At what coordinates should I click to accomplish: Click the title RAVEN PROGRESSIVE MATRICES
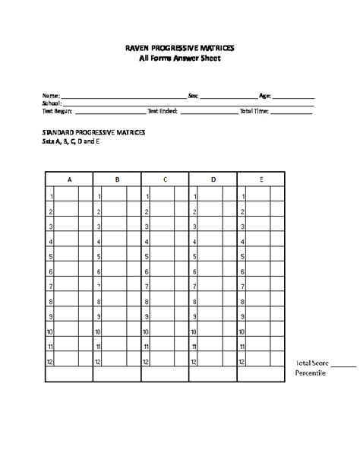(x=180, y=47)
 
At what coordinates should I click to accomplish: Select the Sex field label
(x=193, y=96)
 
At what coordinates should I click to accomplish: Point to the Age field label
(x=265, y=96)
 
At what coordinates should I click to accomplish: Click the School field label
(x=51, y=103)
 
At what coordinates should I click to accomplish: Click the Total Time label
(x=254, y=110)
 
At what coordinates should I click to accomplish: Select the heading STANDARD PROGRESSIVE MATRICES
(x=93, y=132)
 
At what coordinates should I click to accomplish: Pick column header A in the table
(x=70, y=180)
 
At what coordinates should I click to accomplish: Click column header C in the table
(x=166, y=180)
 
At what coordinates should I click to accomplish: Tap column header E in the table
(x=261, y=180)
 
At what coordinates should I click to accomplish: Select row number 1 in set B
(x=99, y=197)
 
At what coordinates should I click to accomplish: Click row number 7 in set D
(x=194, y=287)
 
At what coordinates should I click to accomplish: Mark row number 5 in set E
(x=242, y=257)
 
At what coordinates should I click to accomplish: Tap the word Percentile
(x=311, y=373)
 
